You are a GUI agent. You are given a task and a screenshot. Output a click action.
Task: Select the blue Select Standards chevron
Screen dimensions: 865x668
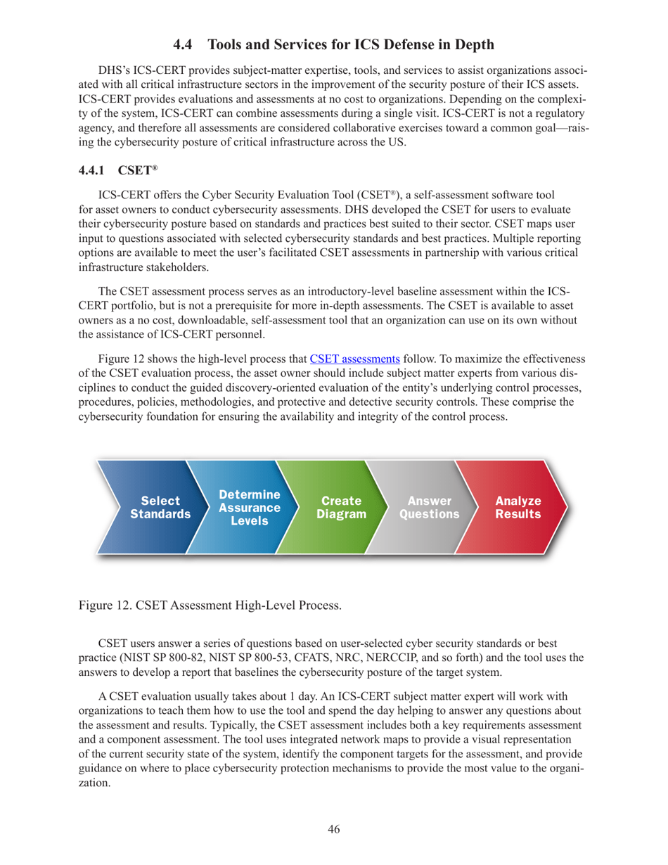pos(160,507)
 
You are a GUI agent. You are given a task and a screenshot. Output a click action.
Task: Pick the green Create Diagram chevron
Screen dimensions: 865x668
pos(341,507)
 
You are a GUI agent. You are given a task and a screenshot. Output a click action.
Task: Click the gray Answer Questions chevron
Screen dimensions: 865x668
pos(429,507)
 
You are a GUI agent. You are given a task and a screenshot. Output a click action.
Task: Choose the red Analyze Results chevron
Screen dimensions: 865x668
pos(518,507)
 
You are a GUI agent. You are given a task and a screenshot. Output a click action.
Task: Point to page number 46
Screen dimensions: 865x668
pos(334,829)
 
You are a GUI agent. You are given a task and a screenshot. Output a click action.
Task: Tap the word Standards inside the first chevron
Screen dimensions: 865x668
pos(160,514)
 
